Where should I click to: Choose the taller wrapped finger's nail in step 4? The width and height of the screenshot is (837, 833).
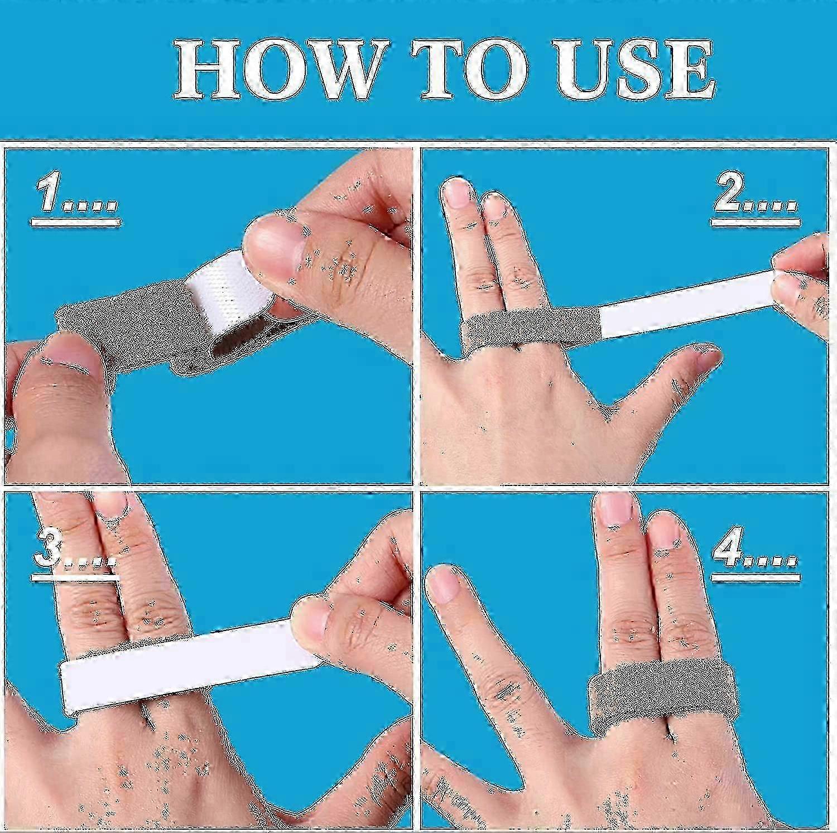614,511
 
